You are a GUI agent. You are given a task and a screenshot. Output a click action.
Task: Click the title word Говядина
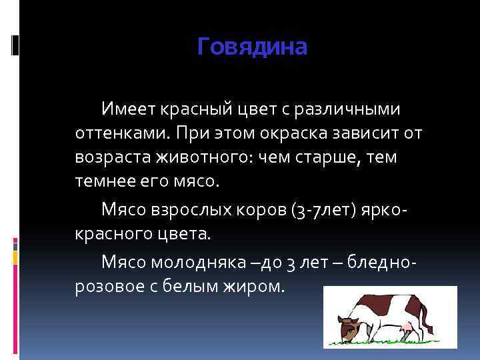(253, 47)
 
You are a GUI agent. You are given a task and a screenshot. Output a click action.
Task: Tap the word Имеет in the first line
(126, 108)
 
